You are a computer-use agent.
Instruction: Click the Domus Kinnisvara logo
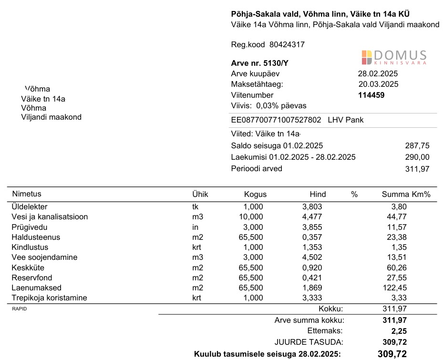click(x=393, y=57)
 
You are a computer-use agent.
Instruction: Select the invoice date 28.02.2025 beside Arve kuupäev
click(x=378, y=74)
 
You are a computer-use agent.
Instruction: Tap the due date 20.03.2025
click(x=378, y=84)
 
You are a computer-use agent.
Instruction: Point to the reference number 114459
click(x=371, y=95)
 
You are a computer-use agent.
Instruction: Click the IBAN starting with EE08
click(x=276, y=120)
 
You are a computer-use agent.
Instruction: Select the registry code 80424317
click(x=287, y=45)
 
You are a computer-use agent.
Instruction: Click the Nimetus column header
click(x=27, y=194)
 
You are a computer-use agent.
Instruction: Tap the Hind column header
click(x=318, y=194)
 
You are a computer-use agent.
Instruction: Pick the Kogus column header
click(x=255, y=194)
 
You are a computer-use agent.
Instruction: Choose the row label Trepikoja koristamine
click(x=49, y=298)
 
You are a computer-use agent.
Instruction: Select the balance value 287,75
click(x=417, y=146)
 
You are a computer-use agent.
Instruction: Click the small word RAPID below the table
click(x=19, y=309)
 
